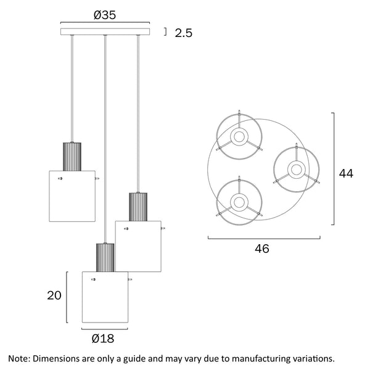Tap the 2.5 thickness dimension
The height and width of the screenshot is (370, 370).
183,33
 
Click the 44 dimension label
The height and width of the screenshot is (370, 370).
346,173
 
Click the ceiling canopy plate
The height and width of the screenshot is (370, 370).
105,31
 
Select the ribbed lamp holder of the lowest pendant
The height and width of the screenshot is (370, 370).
105,257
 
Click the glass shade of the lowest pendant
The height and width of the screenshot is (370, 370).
105,296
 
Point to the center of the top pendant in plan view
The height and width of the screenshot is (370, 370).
239,137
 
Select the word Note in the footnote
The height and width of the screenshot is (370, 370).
18,358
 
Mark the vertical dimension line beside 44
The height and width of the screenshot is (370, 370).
334,169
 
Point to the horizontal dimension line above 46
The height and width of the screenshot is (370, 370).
264,237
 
